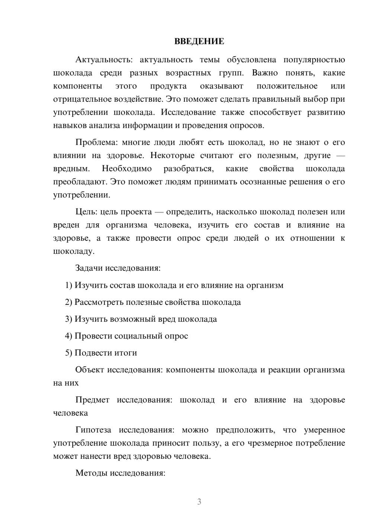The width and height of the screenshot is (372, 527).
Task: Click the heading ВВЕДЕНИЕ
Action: (x=199, y=41)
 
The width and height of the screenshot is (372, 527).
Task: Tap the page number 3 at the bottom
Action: (x=199, y=502)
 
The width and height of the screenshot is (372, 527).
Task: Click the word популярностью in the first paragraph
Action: (x=314, y=60)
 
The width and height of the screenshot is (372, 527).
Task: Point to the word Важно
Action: (x=265, y=73)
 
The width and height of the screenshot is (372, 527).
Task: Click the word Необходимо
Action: (x=127, y=168)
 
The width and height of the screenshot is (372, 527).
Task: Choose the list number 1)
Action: (x=68, y=285)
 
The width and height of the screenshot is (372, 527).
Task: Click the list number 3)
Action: (x=68, y=319)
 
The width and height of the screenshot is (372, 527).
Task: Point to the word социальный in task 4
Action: (x=140, y=336)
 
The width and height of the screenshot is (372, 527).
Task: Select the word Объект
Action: (x=90, y=370)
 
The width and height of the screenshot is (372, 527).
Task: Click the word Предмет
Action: (x=92, y=400)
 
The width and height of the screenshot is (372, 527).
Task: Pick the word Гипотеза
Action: (x=93, y=430)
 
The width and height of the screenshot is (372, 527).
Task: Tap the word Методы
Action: (x=90, y=473)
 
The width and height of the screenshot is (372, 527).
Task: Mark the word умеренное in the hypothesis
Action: (x=324, y=430)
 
